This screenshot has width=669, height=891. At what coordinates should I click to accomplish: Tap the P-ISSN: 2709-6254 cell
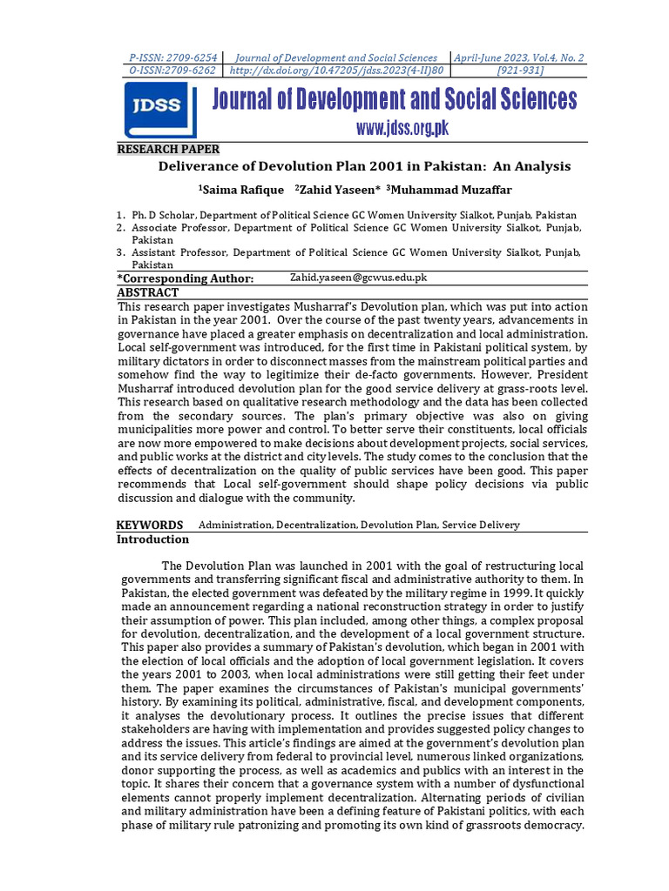[x=171, y=57]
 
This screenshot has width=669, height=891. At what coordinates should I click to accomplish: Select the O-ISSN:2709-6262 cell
[x=171, y=70]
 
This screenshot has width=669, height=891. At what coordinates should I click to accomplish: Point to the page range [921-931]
[x=519, y=70]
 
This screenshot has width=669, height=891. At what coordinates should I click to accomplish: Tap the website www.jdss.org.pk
[x=402, y=129]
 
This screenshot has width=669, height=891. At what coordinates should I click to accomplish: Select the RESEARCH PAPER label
[x=169, y=149]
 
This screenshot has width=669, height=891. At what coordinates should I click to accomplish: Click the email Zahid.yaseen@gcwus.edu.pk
[x=358, y=278]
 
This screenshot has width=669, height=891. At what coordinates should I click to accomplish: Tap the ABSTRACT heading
[x=147, y=293]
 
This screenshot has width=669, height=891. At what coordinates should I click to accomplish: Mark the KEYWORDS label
[x=150, y=525]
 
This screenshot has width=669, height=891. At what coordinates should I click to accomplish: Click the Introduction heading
[x=152, y=539]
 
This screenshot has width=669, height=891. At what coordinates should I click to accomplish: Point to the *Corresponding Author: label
[x=186, y=278]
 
